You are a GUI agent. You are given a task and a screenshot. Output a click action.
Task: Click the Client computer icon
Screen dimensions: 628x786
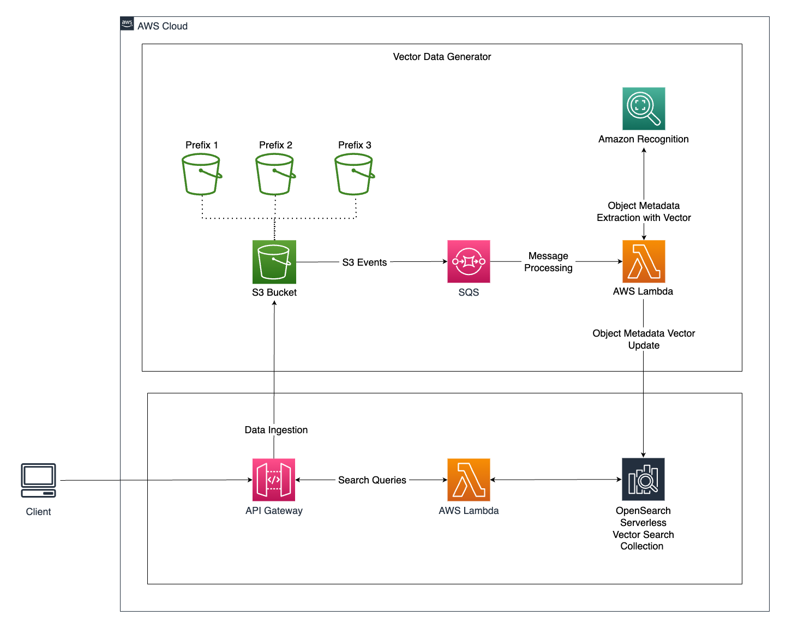tap(38, 480)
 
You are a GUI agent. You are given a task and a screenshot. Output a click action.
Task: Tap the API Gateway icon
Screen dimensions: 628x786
tap(274, 480)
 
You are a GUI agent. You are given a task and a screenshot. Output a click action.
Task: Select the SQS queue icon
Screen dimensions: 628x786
tap(469, 261)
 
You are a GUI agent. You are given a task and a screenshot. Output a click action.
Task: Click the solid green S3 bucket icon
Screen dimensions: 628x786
tap(274, 262)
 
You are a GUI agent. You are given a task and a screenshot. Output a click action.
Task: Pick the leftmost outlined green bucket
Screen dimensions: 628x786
tap(201, 174)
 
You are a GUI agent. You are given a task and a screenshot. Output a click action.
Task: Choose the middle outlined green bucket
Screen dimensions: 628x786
tap(275, 174)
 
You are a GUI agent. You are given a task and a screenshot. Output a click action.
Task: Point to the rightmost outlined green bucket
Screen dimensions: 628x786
tap(354, 174)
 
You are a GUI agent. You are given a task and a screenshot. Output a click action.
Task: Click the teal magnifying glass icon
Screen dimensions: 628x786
tap(644, 109)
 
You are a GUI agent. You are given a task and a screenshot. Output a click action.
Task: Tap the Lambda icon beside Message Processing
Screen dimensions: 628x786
tap(644, 261)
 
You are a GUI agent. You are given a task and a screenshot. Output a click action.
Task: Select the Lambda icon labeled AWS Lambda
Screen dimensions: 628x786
tap(469, 480)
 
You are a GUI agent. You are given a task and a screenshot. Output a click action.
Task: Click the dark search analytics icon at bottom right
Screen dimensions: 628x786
tap(643, 479)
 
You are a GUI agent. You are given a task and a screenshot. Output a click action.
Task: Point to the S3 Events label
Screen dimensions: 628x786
tap(364, 262)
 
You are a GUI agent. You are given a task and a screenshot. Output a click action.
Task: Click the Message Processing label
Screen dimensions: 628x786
tap(548, 262)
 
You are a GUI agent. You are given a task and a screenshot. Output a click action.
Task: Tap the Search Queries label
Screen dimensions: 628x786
tap(372, 480)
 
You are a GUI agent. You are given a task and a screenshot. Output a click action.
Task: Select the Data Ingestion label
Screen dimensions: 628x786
tap(276, 430)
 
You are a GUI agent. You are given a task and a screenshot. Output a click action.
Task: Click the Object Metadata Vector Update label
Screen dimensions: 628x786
tap(644, 339)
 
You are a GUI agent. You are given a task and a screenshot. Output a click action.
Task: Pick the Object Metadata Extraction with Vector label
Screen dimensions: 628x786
tap(644, 212)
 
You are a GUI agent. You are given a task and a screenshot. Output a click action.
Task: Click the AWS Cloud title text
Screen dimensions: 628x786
tap(163, 26)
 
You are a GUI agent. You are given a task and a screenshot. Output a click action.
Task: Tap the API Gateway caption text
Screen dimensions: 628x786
tap(274, 511)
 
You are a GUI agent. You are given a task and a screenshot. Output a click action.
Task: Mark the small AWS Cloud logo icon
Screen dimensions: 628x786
tap(127, 24)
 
